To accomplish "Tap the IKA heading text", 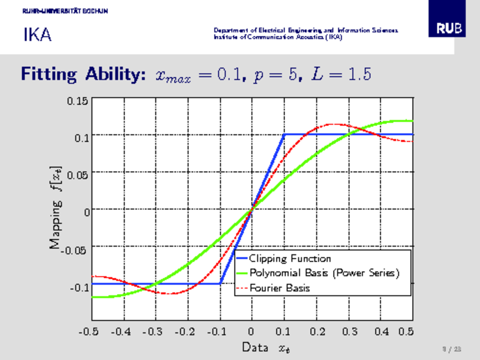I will (x=37, y=35).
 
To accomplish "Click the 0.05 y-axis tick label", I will (x=80, y=175).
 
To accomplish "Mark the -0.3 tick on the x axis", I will (x=155, y=331).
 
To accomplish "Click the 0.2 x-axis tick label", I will (x=316, y=331).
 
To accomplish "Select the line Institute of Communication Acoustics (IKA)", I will (x=278, y=37).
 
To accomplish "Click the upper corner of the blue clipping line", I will (x=284, y=134).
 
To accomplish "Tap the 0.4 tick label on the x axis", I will (x=381, y=331).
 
